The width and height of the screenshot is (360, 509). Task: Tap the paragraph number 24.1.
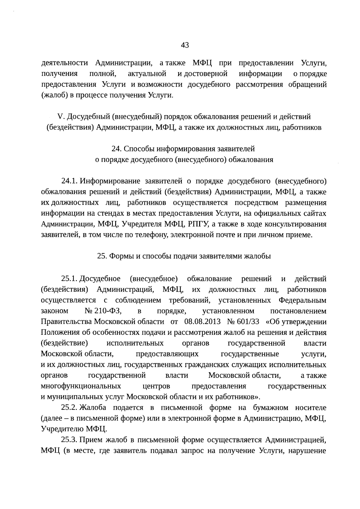(x=70, y=181)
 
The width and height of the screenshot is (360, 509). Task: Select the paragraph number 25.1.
(x=70, y=279)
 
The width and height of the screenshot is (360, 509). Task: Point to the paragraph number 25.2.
(x=70, y=408)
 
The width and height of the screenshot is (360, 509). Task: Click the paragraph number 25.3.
(x=70, y=440)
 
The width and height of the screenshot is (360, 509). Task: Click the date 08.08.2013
(x=202, y=322)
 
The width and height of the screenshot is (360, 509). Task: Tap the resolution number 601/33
(x=248, y=322)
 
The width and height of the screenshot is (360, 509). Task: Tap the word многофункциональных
(x=81, y=386)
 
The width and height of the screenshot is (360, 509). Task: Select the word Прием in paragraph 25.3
(x=91, y=440)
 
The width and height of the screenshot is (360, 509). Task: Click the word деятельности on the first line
(x=64, y=63)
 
